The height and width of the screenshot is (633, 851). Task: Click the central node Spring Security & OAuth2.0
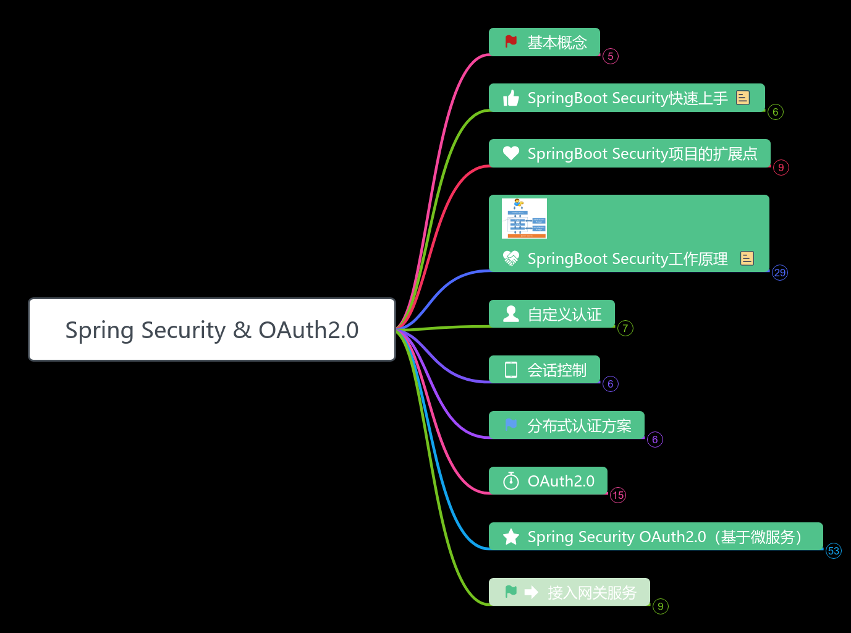(212, 329)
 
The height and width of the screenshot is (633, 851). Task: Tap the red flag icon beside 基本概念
(511, 41)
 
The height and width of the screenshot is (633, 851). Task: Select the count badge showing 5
(611, 56)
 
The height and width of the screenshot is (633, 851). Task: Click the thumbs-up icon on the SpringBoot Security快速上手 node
(511, 98)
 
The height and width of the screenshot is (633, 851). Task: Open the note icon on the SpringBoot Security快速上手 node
(743, 98)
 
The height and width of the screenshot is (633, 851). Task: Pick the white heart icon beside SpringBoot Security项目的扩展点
(511, 153)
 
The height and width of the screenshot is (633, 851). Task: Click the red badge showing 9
(781, 168)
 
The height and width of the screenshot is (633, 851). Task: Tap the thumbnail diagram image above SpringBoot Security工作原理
(524, 218)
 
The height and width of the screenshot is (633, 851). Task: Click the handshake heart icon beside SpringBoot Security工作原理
(511, 258)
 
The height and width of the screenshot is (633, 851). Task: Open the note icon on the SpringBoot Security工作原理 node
(747, 258)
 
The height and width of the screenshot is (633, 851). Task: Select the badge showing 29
(780, 273)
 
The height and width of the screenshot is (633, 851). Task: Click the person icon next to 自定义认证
(511, 314)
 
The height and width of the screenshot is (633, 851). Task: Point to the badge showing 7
(625, 328)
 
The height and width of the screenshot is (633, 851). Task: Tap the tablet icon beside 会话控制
(511, 370)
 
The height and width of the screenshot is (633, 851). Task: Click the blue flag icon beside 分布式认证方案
(511, 425)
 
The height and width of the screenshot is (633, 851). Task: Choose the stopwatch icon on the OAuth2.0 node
(511, 481)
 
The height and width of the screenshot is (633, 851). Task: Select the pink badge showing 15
(618, 495)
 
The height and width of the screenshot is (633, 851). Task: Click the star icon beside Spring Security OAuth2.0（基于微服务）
(511, 537)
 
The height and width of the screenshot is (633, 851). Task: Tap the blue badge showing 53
(834, 551)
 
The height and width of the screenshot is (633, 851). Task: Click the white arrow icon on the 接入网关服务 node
(531, 592)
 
